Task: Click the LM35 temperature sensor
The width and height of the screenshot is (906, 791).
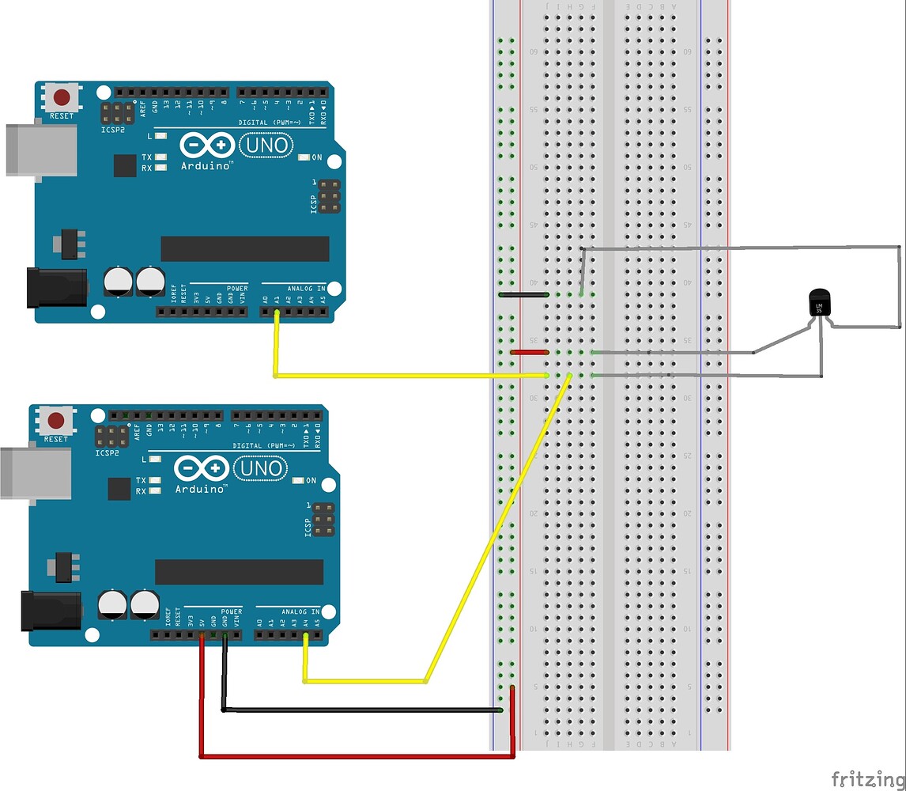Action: tap(820, 303)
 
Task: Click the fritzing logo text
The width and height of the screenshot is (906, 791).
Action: tap(867, 778)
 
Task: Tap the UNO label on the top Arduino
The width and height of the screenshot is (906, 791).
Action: tap(264, 146)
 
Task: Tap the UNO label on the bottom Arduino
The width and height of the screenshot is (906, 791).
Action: tap(259, 469)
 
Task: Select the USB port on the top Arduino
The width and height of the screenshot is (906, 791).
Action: tap(41, 149)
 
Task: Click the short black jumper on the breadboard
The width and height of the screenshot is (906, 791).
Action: tap(523, 294)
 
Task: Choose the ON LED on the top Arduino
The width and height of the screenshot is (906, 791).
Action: tap(304, 158)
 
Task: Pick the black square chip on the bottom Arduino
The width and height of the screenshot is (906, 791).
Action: tap(119, 489)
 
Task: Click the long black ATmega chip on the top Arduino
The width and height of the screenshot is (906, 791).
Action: tap(245, 248)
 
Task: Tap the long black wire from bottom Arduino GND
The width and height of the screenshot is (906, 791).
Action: tap(364, 710)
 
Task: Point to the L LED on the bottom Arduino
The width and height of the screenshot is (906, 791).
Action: tap(156, 460)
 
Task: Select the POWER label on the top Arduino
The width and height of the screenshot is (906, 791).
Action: tap(237, 289)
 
